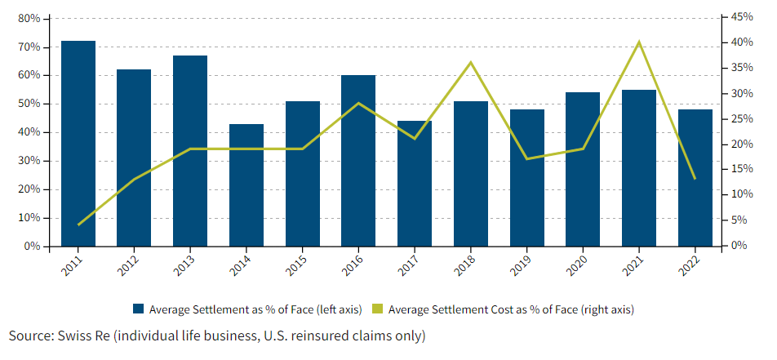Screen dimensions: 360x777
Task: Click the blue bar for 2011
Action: [x=78, y=143]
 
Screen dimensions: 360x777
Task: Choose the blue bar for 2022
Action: [x=695, y=177]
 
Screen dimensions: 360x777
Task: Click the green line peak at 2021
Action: [x=639, y=42]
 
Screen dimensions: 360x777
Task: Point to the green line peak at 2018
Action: [x=471, y=63]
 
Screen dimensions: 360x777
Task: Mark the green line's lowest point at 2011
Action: [x=78, y=224]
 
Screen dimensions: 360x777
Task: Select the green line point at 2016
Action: [x=358, y=103]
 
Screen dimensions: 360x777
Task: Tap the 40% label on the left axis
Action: [x=29, y=132]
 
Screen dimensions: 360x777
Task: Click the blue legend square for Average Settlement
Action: [x=138, y=309]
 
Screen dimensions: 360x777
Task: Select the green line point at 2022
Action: [x=695, y=179]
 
